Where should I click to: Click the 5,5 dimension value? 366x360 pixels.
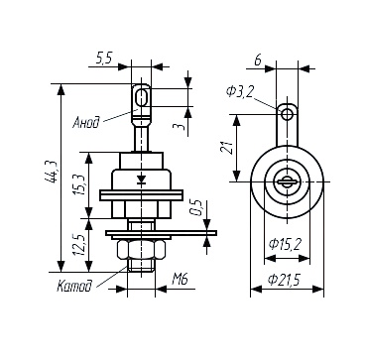point(104,59)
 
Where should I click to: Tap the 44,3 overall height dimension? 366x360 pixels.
point(51,172)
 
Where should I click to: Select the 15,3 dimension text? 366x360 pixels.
point(80,183)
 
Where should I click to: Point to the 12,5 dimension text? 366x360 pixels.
point(79,244)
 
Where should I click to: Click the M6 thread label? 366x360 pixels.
point(180,280)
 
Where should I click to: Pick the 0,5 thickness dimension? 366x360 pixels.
point(196,207)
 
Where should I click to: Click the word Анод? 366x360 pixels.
point(86,123)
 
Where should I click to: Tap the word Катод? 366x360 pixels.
point(74,287)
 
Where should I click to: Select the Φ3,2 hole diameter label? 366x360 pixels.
point(239,90)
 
